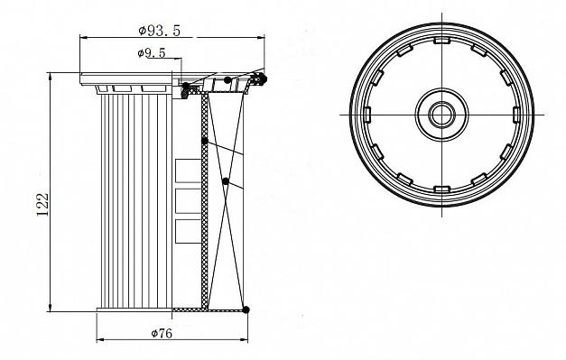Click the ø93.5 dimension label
[159, 31]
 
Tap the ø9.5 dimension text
[152, 53]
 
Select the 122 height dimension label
[43, 204]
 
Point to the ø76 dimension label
[162, 333]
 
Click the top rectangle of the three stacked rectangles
[188, 171]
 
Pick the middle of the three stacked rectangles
[188, 200]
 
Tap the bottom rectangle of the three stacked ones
[188, 231]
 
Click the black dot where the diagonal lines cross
[226, 181]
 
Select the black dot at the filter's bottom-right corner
[246, 309]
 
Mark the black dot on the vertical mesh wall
[204, 141]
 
